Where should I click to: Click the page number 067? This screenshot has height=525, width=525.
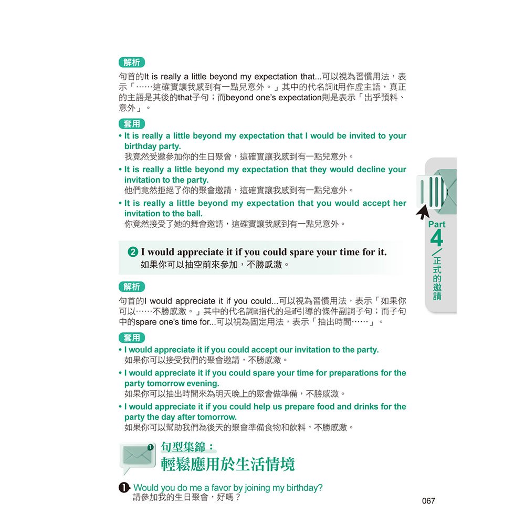428,501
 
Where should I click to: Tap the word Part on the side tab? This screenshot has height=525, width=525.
437,224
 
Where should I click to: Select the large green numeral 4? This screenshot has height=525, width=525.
436,239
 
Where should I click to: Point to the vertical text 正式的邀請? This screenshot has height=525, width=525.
437,278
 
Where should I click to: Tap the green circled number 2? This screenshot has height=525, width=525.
133,253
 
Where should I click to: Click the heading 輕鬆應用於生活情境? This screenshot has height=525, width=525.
228,464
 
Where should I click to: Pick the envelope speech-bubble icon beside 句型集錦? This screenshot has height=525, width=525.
138,457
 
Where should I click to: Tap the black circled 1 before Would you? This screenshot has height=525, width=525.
124,488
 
